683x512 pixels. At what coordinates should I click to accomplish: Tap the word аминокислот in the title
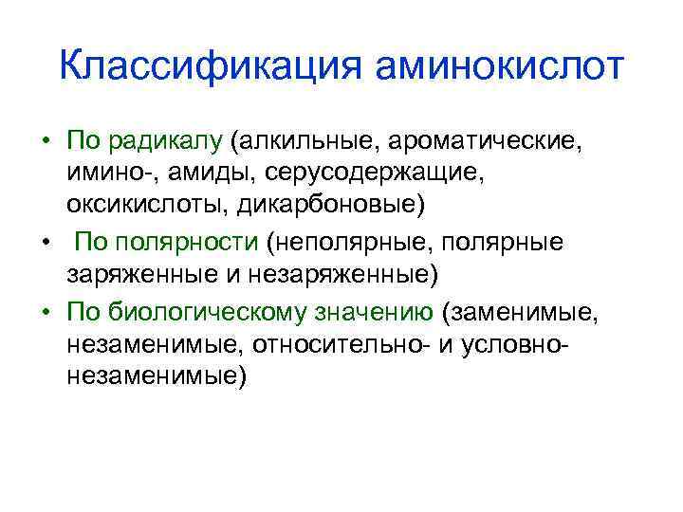(x=500, y=68)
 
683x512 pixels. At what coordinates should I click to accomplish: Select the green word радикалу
(x=166, y=143)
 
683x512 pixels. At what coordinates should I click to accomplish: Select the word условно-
(x=513, y=342)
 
